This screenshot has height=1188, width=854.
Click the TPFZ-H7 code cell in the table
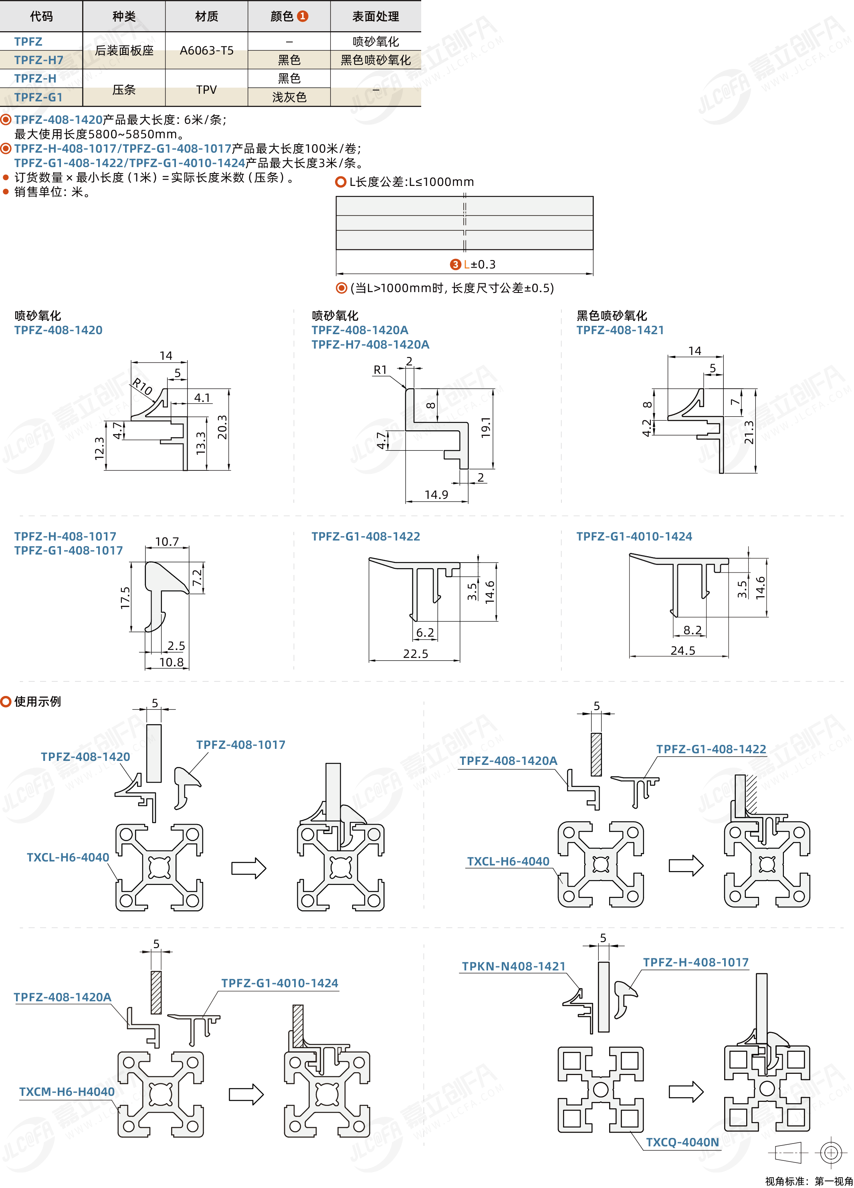point(39,60)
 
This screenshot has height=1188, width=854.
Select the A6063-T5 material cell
point(206,51)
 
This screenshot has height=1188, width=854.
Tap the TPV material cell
point(206,90)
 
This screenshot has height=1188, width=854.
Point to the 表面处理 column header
point(376,17)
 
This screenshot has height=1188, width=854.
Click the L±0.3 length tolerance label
point(479,264)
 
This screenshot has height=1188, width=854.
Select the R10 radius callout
point(142,387)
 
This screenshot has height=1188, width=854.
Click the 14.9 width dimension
point(436,495)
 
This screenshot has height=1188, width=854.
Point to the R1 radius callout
point(380,370)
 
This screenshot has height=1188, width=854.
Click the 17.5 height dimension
point(125,598)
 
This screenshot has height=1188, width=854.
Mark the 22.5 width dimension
point(416,654)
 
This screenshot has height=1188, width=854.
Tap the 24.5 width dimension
point(682,651)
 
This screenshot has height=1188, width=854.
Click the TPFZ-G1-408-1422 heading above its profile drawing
point(366,537)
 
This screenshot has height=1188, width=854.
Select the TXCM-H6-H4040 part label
point(67,1091)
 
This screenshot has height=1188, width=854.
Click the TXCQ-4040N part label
point(682,1142)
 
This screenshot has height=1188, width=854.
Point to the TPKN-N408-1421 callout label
point(513,966)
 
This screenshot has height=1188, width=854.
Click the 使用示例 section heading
point(37,702)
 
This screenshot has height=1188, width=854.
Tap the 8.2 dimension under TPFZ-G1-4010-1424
point(692,630)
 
